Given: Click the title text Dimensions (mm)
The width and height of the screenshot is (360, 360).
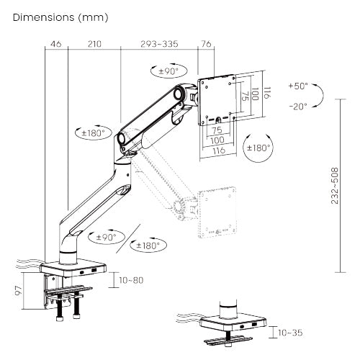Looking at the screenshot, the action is click(x=60, y=18).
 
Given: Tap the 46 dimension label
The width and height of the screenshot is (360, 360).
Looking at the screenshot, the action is click(x=56, y=44).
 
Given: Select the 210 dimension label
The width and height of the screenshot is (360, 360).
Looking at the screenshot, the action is click(x=94, y=44).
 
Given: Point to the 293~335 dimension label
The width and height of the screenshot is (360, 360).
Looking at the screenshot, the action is click(x=159, y=44).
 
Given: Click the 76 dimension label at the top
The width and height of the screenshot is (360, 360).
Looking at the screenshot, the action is click(x=206, y=44).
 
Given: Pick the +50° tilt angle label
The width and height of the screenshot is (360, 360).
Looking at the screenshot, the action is click(x=298, y=86).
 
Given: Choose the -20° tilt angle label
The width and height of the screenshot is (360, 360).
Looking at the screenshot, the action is click(x=298, y=106).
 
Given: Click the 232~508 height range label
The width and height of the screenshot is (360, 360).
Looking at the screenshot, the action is click(x=335, y=186).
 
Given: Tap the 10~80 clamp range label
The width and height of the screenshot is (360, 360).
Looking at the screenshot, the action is click(x=131, y=280).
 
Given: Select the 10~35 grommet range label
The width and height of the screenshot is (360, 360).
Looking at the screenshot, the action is click(x=290, y=333).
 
